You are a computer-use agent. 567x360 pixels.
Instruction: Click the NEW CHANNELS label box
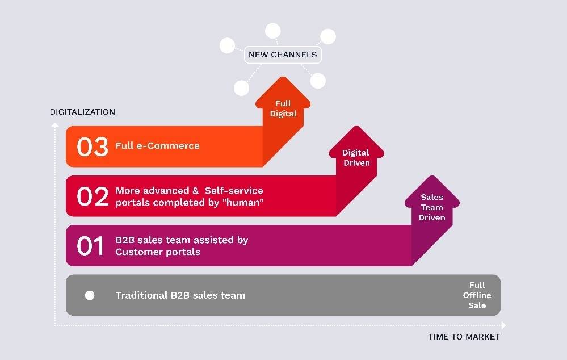(x=283, y=55)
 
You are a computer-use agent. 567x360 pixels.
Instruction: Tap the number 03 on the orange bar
(x=92, y=146)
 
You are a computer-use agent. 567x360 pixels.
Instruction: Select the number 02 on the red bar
(x=92, y=196)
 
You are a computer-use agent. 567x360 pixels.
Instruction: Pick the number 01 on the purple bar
(x=91, y=246)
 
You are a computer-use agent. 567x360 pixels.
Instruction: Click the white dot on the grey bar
(x=90, y=295)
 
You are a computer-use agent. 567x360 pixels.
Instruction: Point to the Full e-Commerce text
(x=157, y=146)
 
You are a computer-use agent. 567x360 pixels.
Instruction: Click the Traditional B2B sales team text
(x=180, y=295)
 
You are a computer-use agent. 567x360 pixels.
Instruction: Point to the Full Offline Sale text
(x=477, y=295)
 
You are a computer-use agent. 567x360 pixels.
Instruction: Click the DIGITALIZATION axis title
(x=82, y=112)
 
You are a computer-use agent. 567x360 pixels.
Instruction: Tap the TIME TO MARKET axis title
(x=464, y=337)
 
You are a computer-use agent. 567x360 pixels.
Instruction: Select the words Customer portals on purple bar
(x=157, y=252)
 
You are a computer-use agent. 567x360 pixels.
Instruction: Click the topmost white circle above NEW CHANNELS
(x=273, y=31)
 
